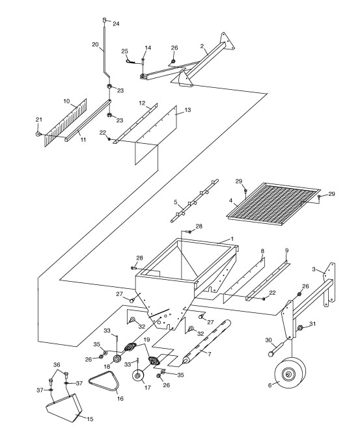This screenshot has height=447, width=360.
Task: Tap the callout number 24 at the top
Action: pyautogui.click(x=116, y=24)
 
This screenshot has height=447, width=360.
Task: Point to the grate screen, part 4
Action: pyautogui.click(x=273, y=204)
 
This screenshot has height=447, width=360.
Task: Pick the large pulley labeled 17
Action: pyautogui.click(x=139, y=375)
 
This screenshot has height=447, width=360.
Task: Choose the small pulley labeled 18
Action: pyautogui.click(x=117, y=359)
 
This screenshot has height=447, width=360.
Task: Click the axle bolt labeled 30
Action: pyautogui.click(x=275, y=349)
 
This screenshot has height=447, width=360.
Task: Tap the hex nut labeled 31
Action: pyautogui.click(x=300, y=327)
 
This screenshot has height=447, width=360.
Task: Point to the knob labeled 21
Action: pyautogui.click(x=38, y=134)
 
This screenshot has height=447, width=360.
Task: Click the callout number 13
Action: pyautogui.click(x=187, y=110)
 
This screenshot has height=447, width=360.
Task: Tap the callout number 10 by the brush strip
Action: pyautogui.click(x=66, y=102)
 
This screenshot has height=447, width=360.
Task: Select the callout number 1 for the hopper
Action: pyautogui.click(x=232, y=239)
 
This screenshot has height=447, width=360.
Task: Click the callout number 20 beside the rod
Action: pyautogui.click(x=95, y=45)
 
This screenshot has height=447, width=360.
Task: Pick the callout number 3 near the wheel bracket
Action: pyautogui.click(x=314, y=269)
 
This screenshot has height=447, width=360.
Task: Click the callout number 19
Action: pyautogui.click(x=146, y=340)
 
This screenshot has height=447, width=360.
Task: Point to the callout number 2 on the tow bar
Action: pyautogui.click(x=202, y=46)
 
